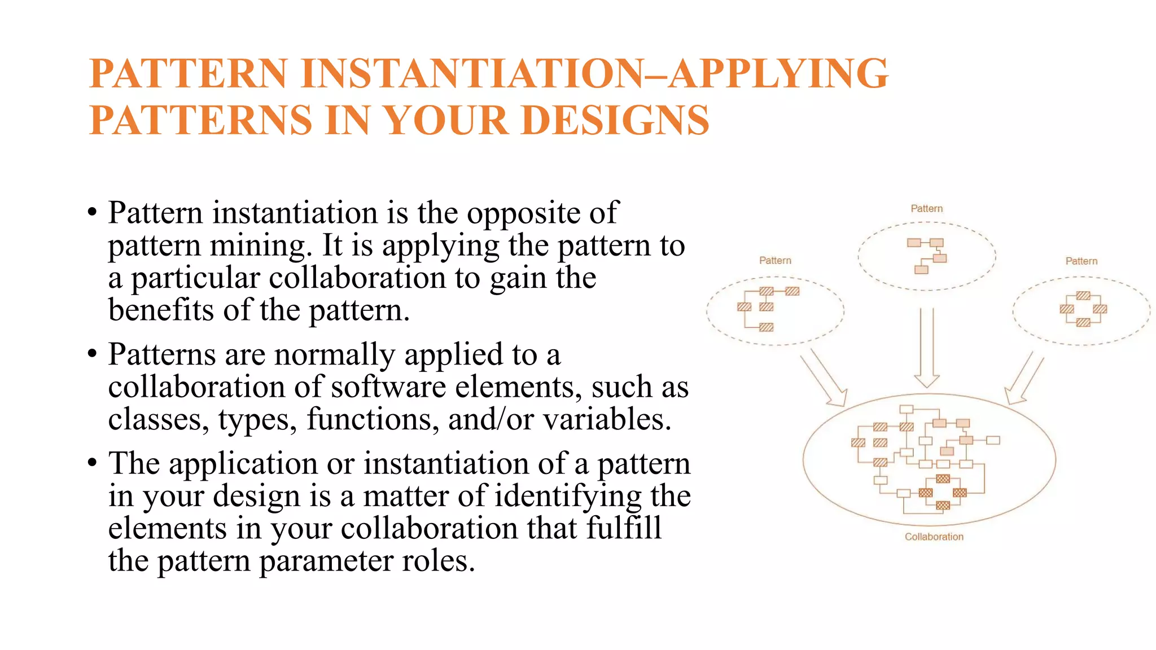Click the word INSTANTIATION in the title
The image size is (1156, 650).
(x=472, y=73)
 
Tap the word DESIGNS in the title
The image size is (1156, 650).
(x=615, y=120)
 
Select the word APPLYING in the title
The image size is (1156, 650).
(x=779, y=73)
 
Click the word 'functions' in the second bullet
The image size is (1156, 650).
(x=373, y=419)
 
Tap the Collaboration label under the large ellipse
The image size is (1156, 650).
(x=934, y=537)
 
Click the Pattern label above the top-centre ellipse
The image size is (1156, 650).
(x=926, y=208)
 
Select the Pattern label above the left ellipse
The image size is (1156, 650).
(x=775, y=260)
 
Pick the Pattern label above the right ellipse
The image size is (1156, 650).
(x=1081, y=261)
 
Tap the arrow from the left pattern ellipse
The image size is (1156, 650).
(x=825, y=378)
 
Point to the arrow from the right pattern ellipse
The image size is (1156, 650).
(x=1024, y=381)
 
